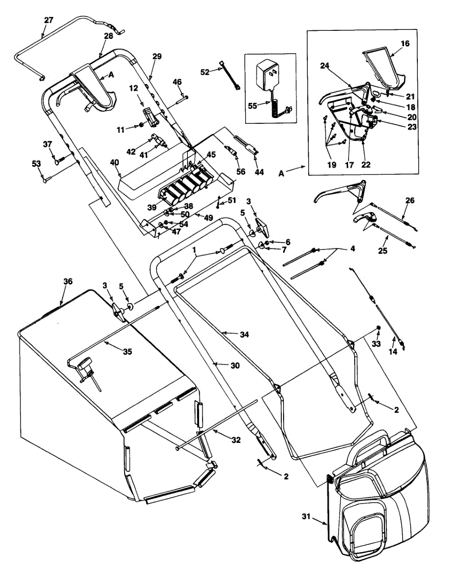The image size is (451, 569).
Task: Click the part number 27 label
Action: (x=49, y=20)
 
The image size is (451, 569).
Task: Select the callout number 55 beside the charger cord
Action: (x=253, y=106)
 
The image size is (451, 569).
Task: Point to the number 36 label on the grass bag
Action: (x=68, y=282)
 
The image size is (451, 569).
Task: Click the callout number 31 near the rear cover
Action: (x=306, y=516)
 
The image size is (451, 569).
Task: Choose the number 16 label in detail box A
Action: (x=405, y=43)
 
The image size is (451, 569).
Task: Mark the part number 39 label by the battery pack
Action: (x=152, y=208)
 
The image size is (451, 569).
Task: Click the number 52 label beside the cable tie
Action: (x=205, y=72)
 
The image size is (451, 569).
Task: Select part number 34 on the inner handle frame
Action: (x=244, y=334)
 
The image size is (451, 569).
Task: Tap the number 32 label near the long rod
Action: (x=236, y=440)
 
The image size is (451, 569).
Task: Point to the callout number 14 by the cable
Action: (x=393, y=351)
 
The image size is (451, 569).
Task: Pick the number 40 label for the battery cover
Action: (x=115, y=162)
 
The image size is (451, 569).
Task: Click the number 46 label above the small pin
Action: (x=177, y=82)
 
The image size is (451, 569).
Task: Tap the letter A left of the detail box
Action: (x=281, y=174)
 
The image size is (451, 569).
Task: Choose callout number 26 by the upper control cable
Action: (x=410, y=201)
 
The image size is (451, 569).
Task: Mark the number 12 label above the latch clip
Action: (x=134, y=88)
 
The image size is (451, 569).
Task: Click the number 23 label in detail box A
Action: (x=412, y=127)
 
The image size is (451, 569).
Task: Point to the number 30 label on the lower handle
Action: (x=235, y=366)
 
